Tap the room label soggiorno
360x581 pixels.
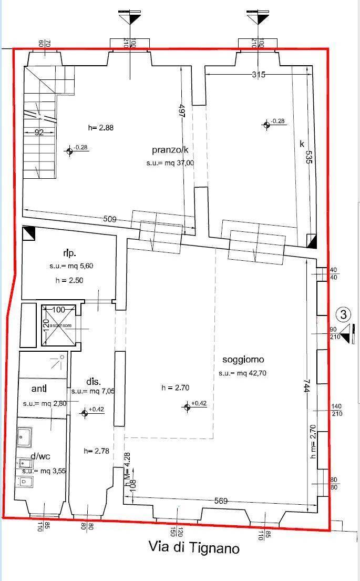[x=243, y=360]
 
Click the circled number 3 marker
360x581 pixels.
[x=343, y=315]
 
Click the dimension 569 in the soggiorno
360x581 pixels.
[x=221, y=501]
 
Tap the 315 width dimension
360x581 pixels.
[x=258, y=75]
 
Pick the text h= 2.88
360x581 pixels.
[x=101, y=127]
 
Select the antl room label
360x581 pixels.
[x=39, y=389]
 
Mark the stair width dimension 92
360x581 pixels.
[x=39, y=132]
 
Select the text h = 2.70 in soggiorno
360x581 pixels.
[x=175, y=388]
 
